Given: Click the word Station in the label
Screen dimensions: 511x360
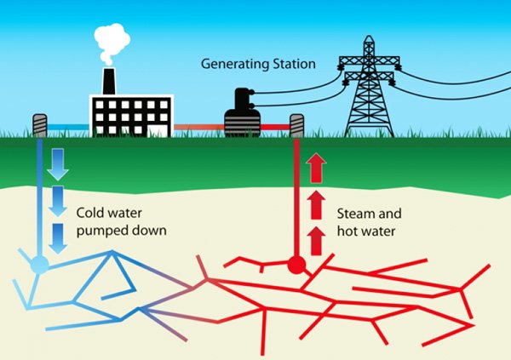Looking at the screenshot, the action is pyautogui.click(x=295, y=64).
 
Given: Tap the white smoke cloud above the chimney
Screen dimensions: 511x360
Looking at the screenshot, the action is pyautogui.click(x=112, y=43).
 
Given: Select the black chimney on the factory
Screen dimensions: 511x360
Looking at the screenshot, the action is pyautogui.click(x=109, y=82).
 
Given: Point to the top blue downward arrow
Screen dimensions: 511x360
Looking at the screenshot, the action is pyautogui.click(x=58, y=164).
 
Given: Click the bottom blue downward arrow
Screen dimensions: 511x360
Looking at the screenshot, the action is pyautogui.click(x=58, y=238).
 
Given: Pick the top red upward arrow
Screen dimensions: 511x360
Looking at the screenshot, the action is pyautogui.click(x=316, y=169).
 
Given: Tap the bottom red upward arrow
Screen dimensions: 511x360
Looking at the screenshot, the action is pyautogui.click(x=316, y=241).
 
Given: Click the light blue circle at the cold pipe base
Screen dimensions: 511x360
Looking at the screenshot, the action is pyautogui.click(x=40, y=264).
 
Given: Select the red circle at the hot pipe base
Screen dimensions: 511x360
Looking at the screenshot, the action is pyautogui.click(x=296, y=265).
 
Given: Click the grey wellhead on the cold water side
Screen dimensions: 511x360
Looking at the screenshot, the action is pyautogui.click(x=40, y=125).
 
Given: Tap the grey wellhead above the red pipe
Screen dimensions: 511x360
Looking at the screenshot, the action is pyautogui.click(x=296, y=125).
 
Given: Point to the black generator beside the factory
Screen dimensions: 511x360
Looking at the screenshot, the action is pyautogui.click(x=242, y=112).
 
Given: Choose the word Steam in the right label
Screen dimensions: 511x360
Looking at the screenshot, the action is pyautogui.click(x=354, y=214).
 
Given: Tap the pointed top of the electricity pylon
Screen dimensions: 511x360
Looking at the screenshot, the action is pyautogui.click(x=369, y=36).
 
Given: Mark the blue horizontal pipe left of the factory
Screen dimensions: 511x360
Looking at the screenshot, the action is pyautogui.click(x=68, y=127).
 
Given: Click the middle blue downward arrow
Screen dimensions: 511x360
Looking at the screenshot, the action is pyautogui.click(x=58, y=201).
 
